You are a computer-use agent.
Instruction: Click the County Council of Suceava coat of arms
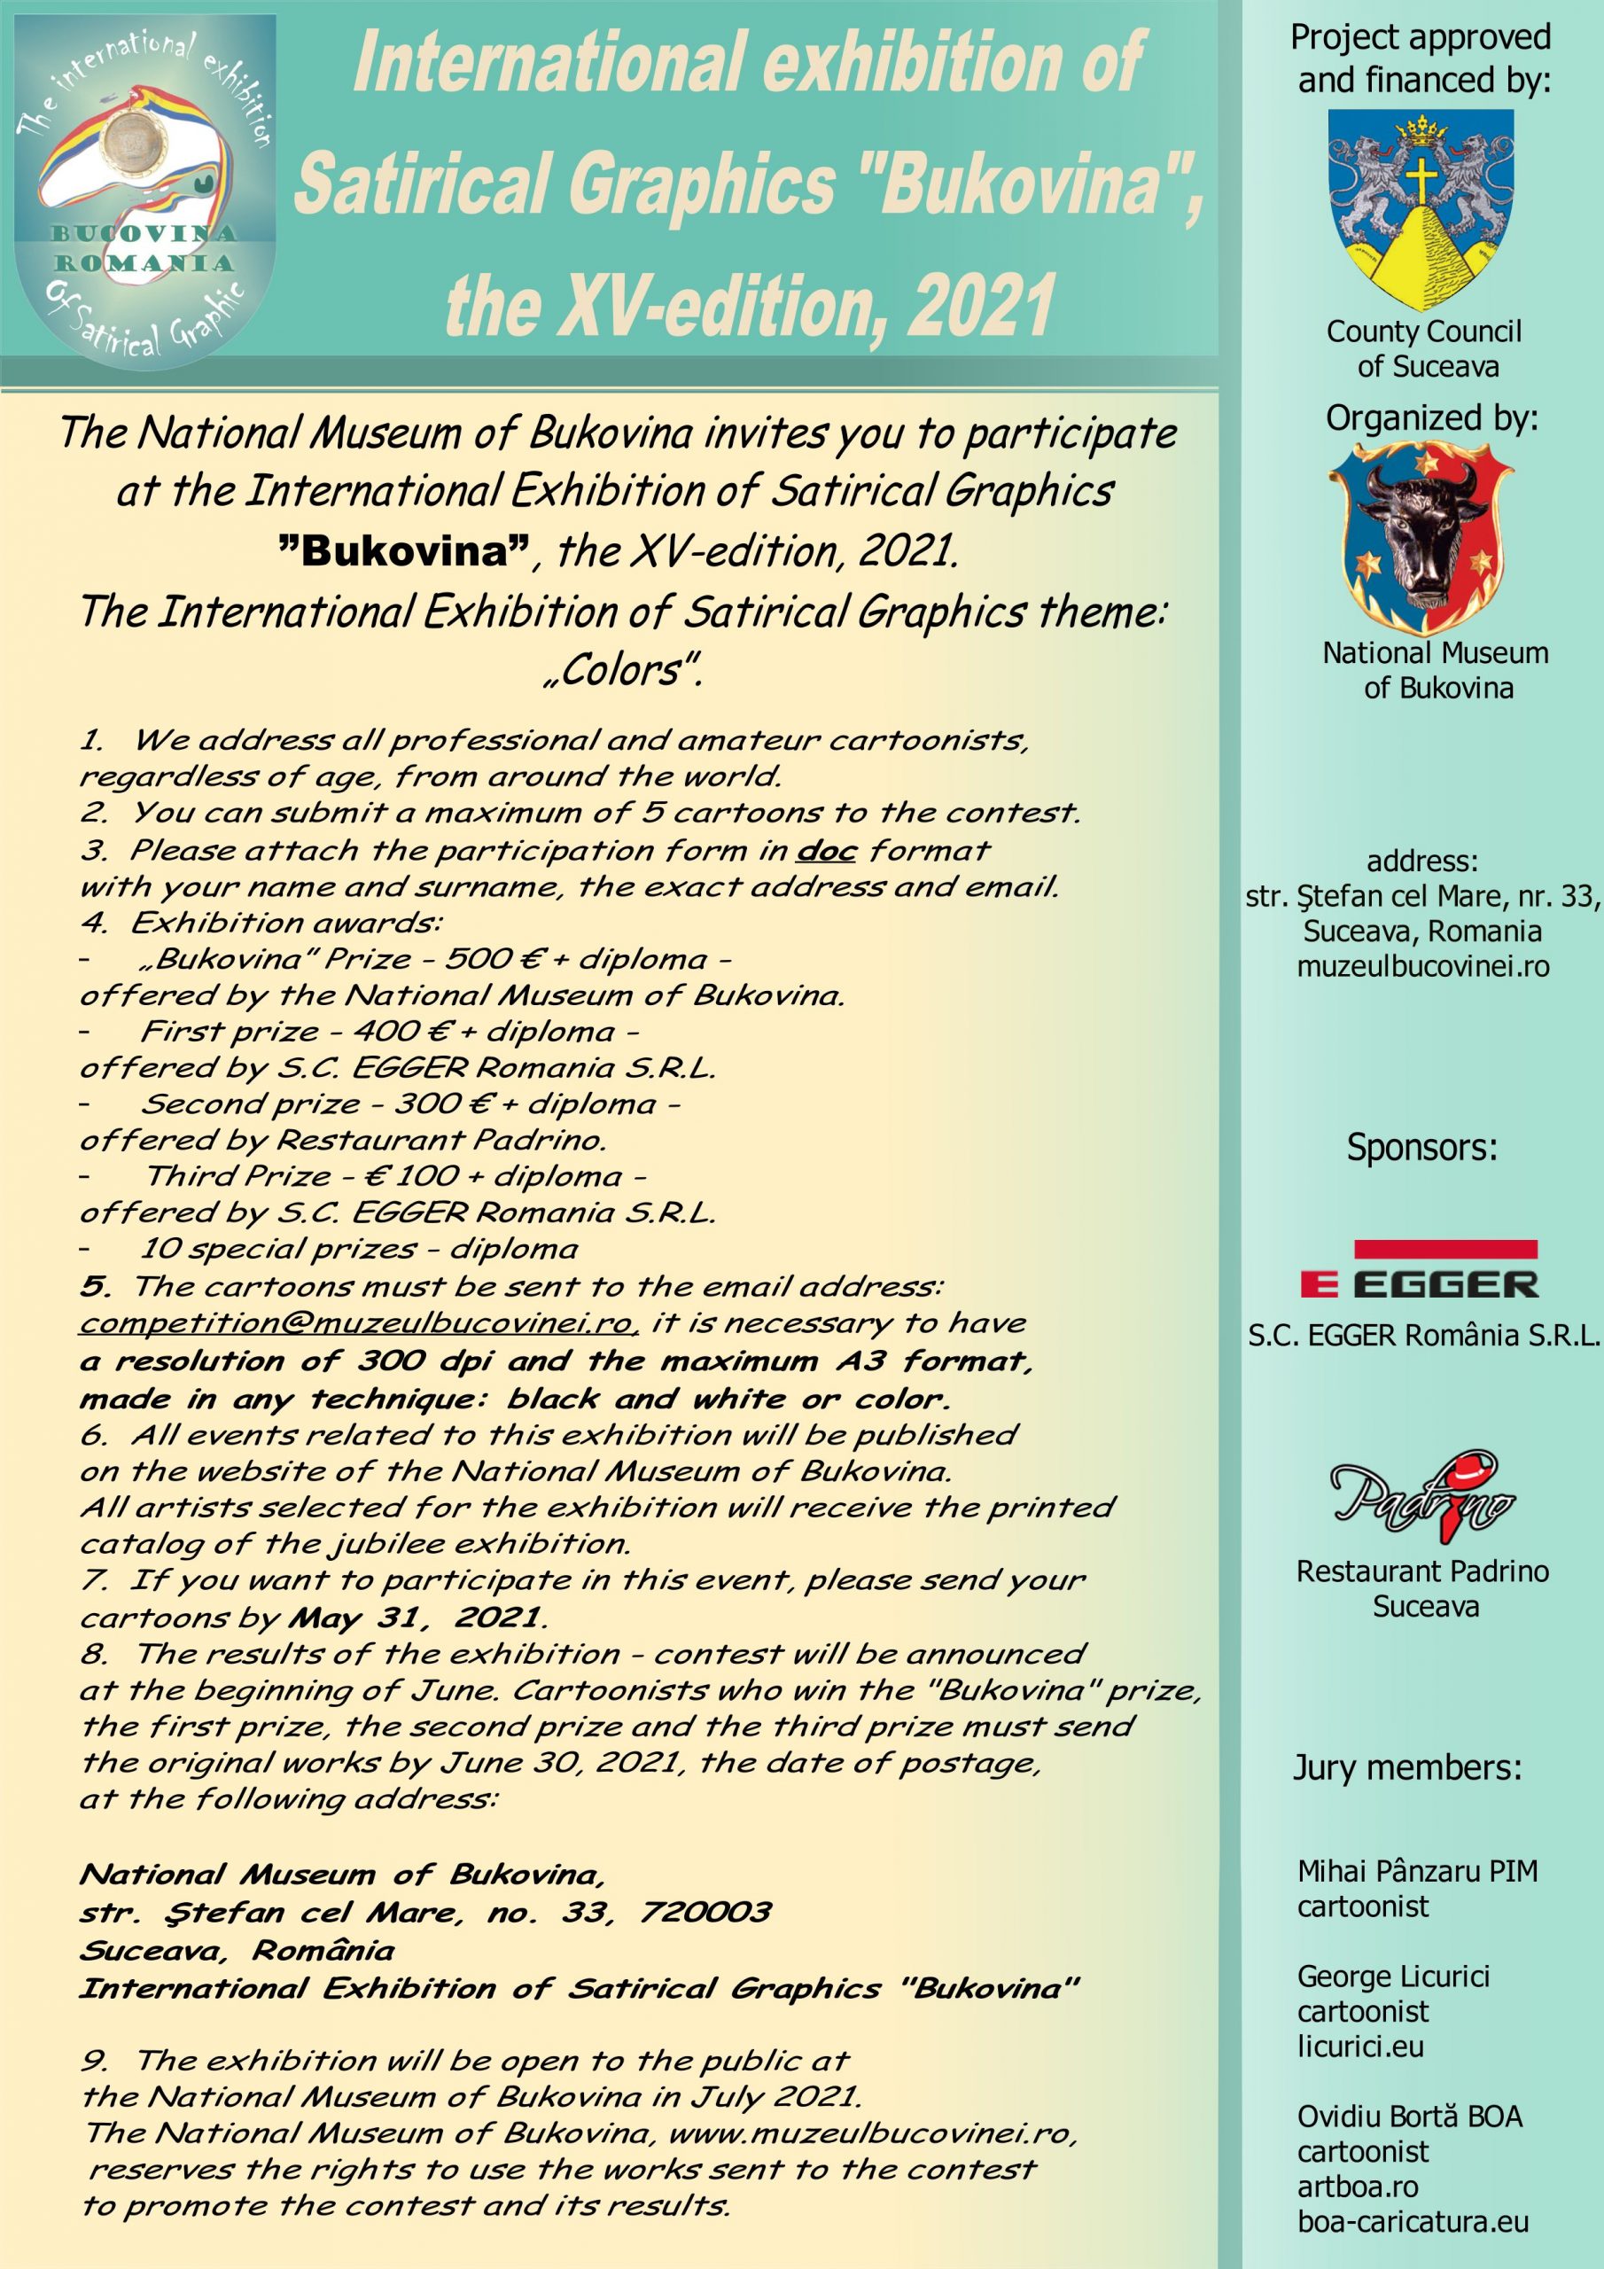coord(1421,209)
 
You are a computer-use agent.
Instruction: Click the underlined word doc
coord(825,850)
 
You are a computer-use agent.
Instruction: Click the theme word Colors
coord(624,671)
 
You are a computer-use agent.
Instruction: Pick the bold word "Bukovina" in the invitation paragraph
coord(404,550)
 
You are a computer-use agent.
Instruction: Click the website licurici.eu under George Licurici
coord(1361,2047)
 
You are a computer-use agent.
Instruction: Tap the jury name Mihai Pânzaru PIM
coord(1417,1871)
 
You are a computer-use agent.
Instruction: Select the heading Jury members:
coord(1408,1767)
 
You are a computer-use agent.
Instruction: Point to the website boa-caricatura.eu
coord(1413,2223)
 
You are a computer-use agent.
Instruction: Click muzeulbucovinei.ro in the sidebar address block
coord(1423,966)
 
